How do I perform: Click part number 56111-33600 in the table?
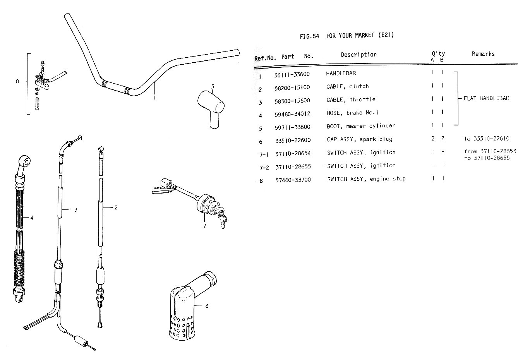(292, 74)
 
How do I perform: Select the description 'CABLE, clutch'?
(347, 86)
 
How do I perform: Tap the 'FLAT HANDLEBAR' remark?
(486, 98)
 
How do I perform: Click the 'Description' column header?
(358, 55)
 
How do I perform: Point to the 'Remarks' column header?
(483, 54)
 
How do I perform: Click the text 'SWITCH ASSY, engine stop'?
(366, 179)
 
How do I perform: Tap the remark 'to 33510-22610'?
(487, 139)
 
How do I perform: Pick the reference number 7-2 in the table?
(264, 168)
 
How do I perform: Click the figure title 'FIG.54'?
(309, 36)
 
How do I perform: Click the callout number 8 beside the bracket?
(17, 81)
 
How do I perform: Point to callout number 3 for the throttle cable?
(76, 210)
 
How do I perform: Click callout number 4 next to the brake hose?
(32, 218)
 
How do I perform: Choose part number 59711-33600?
(292, 127)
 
